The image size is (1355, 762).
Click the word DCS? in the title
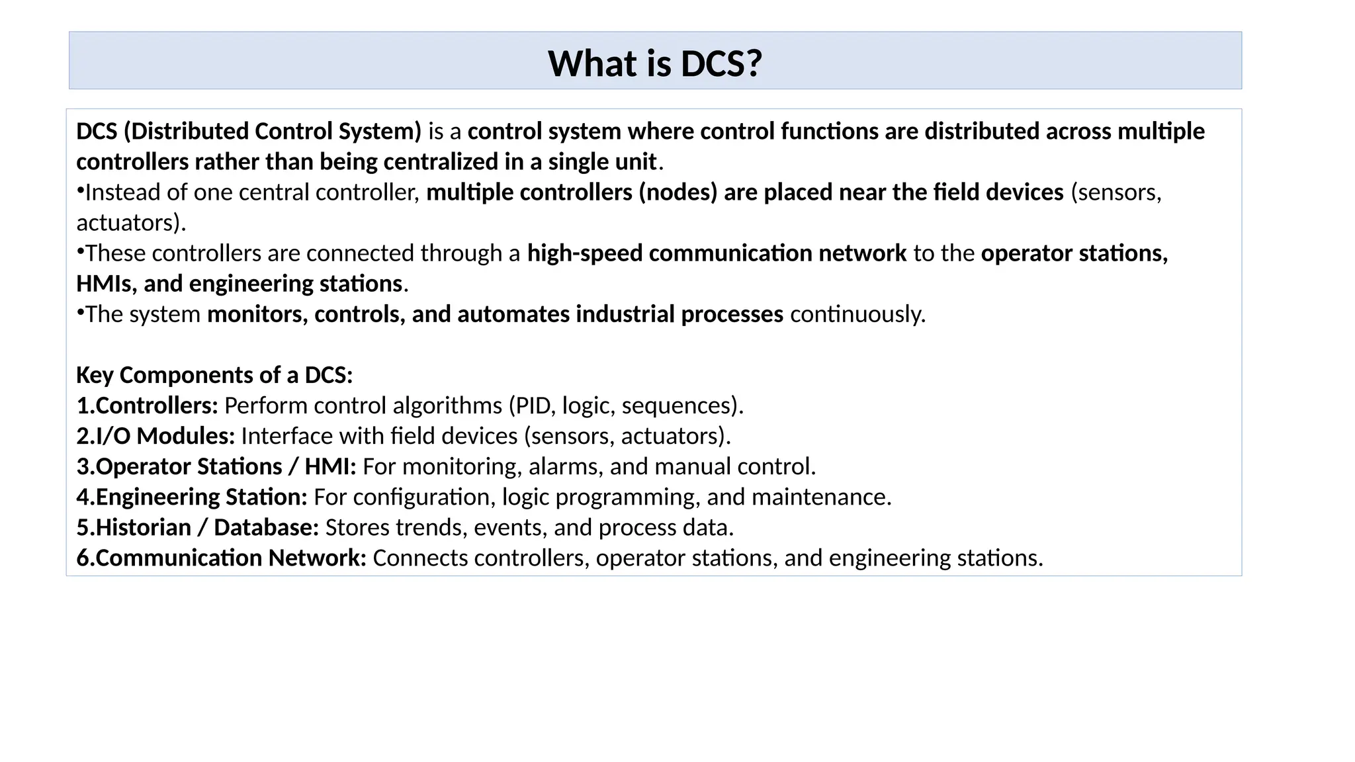coord(721,64)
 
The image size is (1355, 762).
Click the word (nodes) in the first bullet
coord(677,192)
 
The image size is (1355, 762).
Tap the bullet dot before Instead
coord(80,191)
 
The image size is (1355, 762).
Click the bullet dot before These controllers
coord(80,252)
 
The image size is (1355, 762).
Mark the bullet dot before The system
coord(80,313)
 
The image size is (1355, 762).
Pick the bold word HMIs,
coord(107,284)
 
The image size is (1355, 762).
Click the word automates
coord(513,314)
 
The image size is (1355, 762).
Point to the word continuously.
coord(857,314)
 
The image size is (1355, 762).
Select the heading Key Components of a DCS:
coord(214,375)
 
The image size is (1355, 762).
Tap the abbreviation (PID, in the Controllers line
coord(533,405)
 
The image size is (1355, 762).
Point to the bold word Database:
coord(266,527)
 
